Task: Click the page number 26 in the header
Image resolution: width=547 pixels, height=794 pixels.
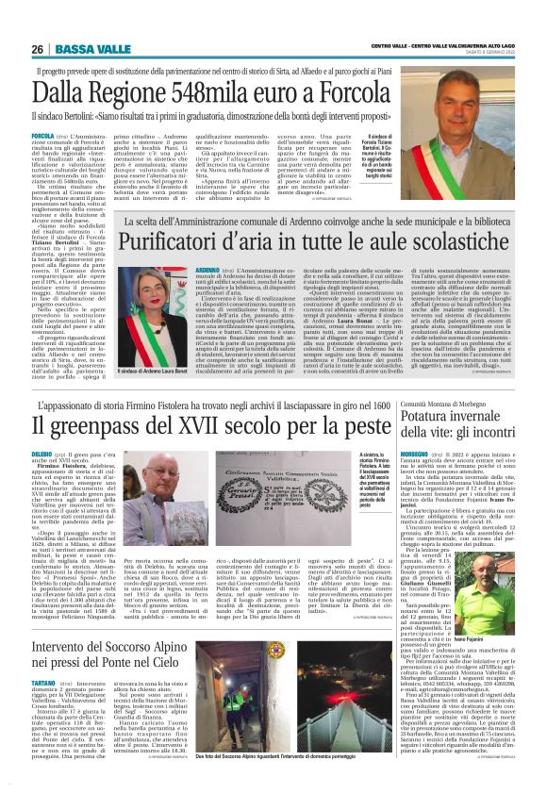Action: [39, 49]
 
